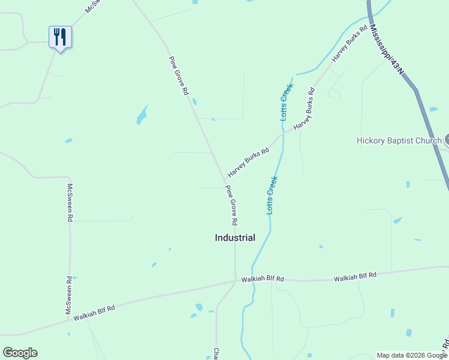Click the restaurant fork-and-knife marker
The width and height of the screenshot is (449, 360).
[60, 37]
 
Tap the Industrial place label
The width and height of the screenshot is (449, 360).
[235, 238]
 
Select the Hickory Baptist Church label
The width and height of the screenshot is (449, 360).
[399, 140]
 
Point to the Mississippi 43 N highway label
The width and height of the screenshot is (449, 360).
[387, 50]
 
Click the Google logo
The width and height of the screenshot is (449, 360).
[20, 353]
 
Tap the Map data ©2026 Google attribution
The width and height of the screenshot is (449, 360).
[412, 355]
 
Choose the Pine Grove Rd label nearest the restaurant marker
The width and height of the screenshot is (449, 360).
[179, 76]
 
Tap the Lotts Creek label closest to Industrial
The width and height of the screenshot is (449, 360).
[272, 195]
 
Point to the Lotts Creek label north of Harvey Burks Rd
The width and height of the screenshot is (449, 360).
[286, 102]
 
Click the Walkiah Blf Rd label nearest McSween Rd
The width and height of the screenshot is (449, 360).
[94, 311]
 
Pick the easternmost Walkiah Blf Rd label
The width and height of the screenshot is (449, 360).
[355, 276]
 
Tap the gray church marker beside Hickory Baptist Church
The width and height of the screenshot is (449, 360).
[446, 139]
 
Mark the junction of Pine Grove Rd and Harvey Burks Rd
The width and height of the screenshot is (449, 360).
[225, 178]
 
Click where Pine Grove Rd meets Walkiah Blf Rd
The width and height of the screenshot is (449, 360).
[235, 281]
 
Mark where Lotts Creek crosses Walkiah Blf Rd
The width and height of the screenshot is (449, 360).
[254, 280]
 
